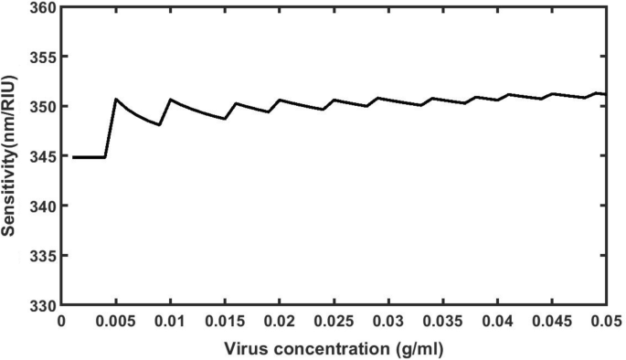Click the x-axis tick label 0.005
point(116,322)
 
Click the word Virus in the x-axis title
point(246,348)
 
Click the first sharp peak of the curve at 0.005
point(116,99)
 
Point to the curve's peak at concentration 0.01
point(170,99)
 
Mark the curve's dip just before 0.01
point(160,124)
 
